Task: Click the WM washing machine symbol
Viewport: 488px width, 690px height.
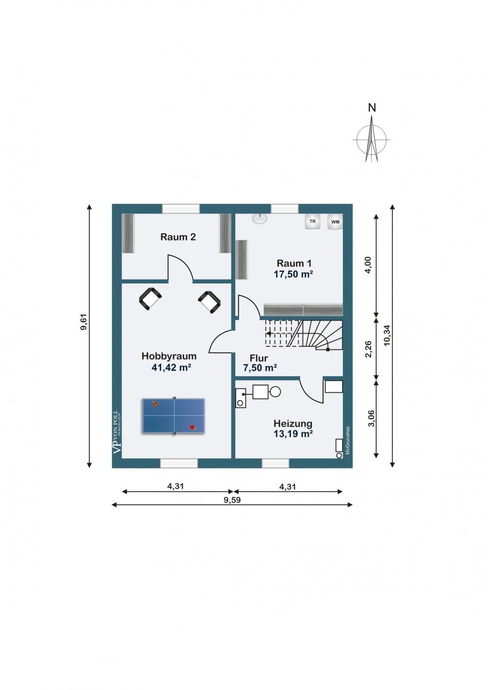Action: click(335, 222)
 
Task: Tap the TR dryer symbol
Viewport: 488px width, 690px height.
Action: click(312, 222)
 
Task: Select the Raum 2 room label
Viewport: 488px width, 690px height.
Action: click(178, 237)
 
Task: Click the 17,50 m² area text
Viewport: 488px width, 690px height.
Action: click(293, 274)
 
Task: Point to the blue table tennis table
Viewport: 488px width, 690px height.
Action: click(173, 416)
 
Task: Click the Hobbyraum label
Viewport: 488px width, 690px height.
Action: click(169, 356)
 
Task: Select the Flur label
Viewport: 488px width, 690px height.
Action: click(259, 358)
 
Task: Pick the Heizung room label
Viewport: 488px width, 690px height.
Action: click(293, 424)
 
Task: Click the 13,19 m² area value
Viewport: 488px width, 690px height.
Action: click(293, 434)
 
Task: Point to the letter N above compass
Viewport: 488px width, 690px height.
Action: click(372, 108)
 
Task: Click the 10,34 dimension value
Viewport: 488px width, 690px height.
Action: click(387, 335)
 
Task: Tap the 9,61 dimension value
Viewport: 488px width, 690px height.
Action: click(83, 322)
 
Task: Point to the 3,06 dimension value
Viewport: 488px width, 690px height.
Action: click(371, 418)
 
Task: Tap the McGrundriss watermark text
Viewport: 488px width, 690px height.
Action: click(347, 441)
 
